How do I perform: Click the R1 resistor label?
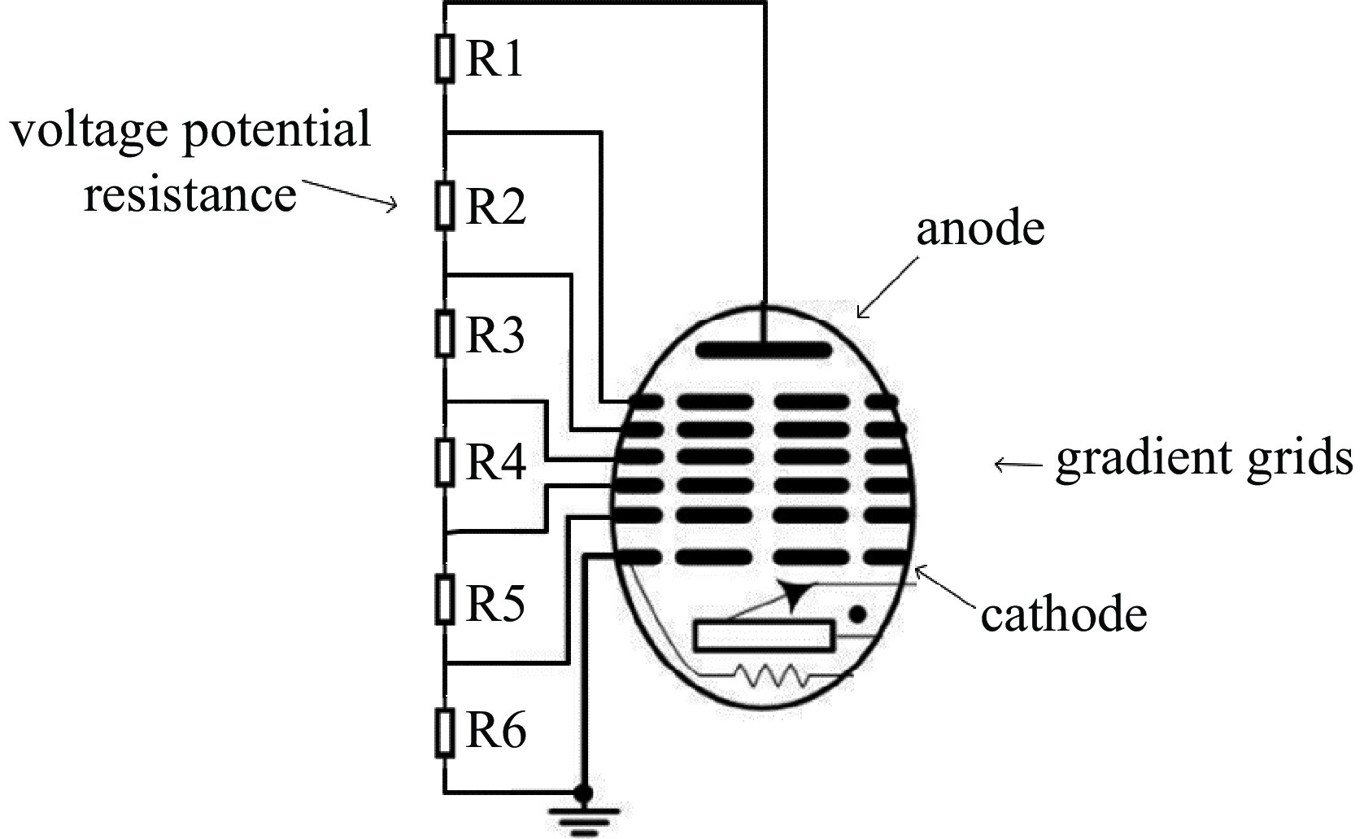[495, 59]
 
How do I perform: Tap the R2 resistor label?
[495, 206]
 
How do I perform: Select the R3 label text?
[495, 334]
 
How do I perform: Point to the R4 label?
[495, 462]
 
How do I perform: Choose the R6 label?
[495, 730]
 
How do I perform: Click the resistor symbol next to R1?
[444, 59]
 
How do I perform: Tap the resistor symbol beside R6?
[444, 732]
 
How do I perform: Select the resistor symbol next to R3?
[444, 334]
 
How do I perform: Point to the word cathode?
[1063, 614]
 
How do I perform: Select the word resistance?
[190, 194]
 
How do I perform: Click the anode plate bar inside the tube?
[765, 351]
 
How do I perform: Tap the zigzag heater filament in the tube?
[769, 675]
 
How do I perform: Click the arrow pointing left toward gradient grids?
[1017, 465]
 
